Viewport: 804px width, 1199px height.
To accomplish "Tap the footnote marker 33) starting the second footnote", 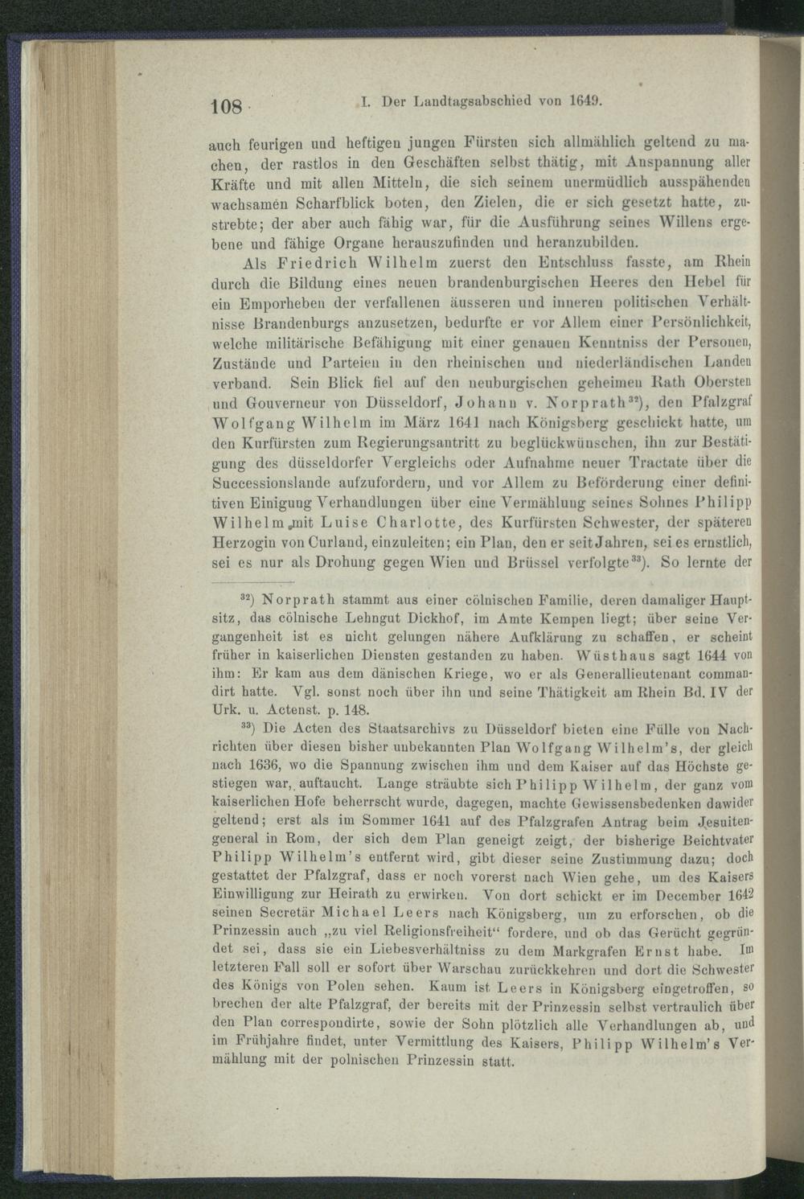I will (249, 729).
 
